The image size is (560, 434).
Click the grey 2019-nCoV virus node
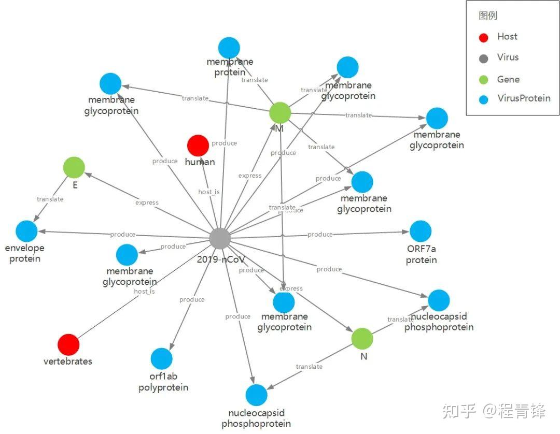click(x=220, y=239)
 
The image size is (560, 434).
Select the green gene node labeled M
click(x=280, y=112)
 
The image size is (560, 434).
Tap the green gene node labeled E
click(x=74, y=167)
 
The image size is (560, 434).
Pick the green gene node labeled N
click(x=362, y=338)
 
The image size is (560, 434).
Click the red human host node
click(x=198, y=146)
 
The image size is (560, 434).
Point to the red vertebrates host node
click(x=68, y=344)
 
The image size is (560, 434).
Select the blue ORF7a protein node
click(x=421, y=231)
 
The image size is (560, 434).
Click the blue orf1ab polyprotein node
click(x=162, y=359)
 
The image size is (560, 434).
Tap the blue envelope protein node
click(x=26, y=231)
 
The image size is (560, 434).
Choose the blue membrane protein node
click(x=229, y=48)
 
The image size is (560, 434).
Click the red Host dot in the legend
click(x=484, y=37)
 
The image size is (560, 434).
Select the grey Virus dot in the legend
click(x=484, y=58)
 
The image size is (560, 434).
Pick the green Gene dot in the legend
click(x=484, y=80)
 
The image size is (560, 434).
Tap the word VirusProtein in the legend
click(x=524, y=98)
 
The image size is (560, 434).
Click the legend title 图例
click(x=488, y=16)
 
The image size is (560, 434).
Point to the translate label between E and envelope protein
click(x=50, y=199)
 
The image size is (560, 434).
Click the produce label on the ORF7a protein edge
click(x=320, y=235)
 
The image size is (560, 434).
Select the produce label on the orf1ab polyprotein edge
click(x=192, y=300)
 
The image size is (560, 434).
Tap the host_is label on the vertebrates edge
click(x=144, y=291)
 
